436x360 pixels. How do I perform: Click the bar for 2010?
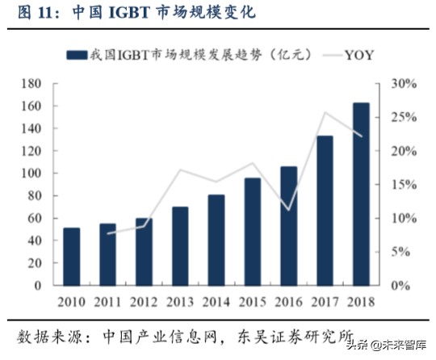point(71,257)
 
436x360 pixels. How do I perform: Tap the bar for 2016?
point(288,226)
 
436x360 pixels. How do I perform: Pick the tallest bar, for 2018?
point(361,194)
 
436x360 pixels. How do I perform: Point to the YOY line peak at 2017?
point(325,112)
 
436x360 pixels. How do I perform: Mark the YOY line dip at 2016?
point(288,210)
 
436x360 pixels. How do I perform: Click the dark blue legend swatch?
point(76,56)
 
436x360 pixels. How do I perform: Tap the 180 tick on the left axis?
point(31,84)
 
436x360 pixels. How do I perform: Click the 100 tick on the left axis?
point(31,174)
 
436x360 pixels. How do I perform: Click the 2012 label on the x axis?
point(144,301)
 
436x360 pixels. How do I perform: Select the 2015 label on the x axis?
point(252,301)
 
